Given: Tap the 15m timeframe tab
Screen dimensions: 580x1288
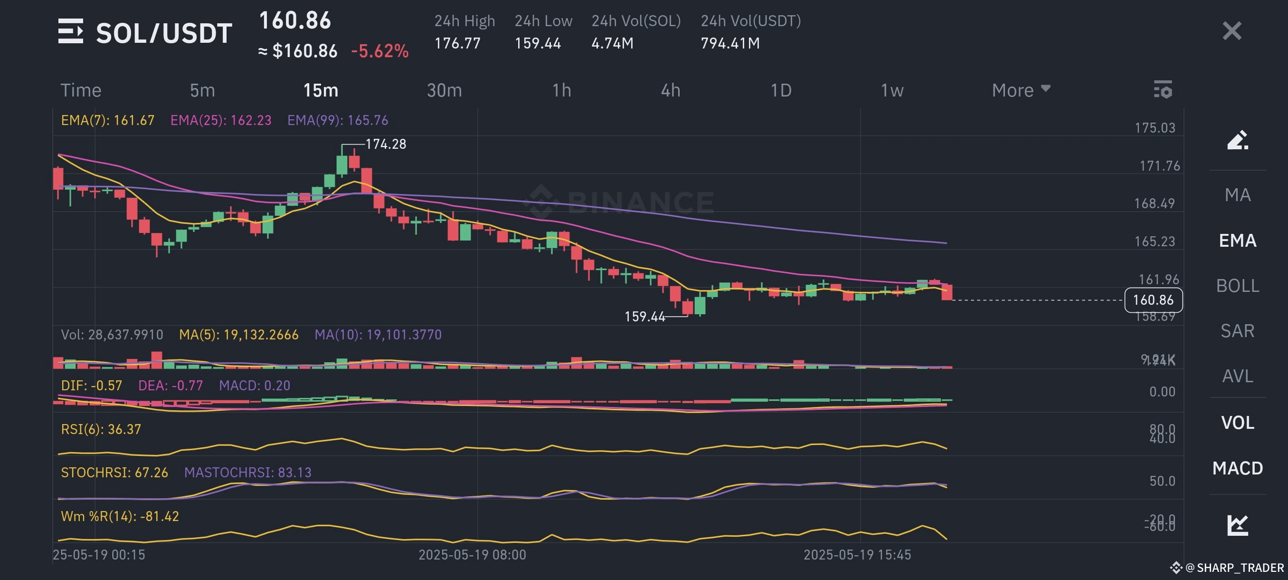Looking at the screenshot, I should [x=321, y=91].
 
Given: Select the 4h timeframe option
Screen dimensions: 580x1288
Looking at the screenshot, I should [x=670, y=91].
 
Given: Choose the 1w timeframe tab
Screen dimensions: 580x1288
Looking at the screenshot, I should [x=891, y=91].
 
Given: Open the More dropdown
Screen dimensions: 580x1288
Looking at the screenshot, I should [x=1021, y=91].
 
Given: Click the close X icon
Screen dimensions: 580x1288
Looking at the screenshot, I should [x=1231, y=31].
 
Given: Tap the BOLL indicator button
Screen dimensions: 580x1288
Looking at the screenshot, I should [x=1237, y=286].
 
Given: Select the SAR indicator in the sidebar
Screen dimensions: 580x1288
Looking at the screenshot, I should [x=1237, y=331].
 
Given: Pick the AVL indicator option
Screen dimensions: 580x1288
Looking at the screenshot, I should [x=1237, y=376].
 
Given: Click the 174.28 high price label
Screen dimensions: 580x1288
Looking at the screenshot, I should [x=386, y=144].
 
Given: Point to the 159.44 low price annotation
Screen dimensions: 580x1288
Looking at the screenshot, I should [x=644, y=316].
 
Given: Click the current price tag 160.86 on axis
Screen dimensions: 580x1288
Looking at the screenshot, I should [x=1153, y=300].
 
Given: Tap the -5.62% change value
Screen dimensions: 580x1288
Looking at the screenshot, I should [x=379, y=51].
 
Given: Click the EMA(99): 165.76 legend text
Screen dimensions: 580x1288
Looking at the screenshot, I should [x=338, y=120].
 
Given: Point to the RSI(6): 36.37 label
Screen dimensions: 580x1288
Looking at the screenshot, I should [x=101, y=429].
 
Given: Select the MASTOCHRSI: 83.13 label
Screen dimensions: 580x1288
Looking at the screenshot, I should [x=247, y=473].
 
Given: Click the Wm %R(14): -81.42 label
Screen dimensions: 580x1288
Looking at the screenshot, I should [x=120, y=516].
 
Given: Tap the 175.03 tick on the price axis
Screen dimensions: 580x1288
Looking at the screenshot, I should [x=1155, y=127].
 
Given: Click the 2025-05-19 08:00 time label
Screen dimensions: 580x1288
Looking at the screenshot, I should [x=472, y=554].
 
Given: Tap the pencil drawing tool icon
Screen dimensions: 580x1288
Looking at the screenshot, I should [x=1238, y=140].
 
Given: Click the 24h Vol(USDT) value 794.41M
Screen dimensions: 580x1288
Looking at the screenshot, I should [x=730, y=44].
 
